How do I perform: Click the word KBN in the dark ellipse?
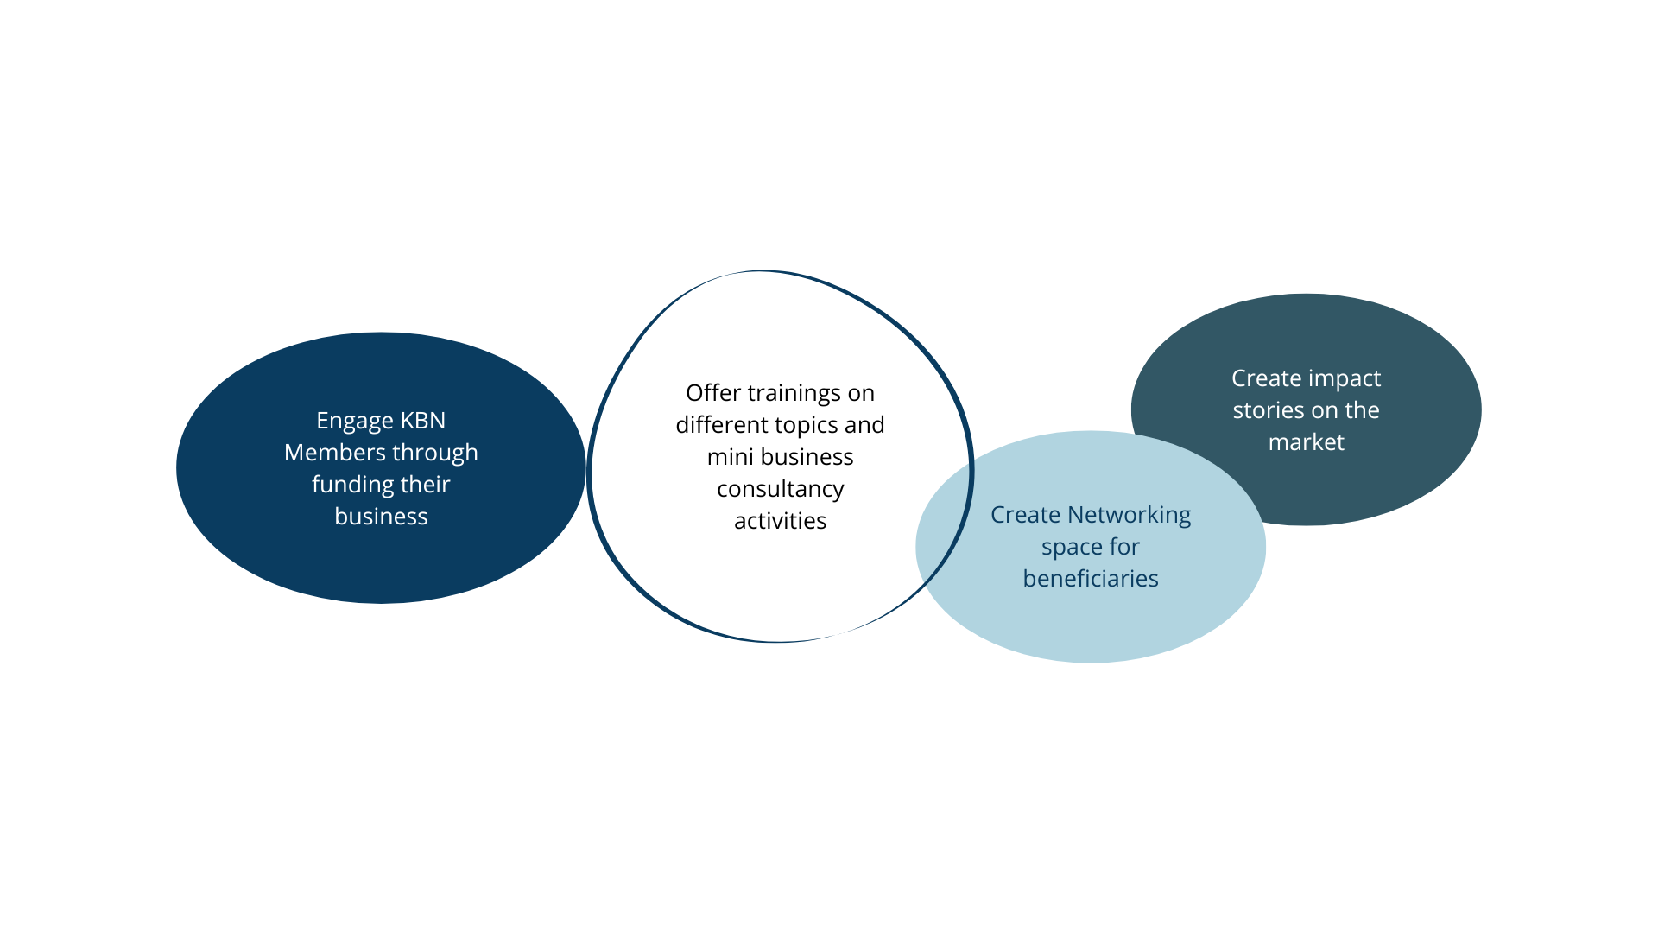coord(423,421)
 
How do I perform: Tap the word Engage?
coord(355,422)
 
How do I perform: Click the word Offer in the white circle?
coord(713,393)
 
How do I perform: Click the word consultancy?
coord(780,490)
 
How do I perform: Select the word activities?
coord(780,521)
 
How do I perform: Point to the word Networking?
coord(1129,516)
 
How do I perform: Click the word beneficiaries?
coord(1091,579)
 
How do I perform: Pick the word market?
coord(1306,442)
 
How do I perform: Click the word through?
coord(434,454)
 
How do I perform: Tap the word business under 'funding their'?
coord(381,517)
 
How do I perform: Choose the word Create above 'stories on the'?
coord(1266,378)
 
